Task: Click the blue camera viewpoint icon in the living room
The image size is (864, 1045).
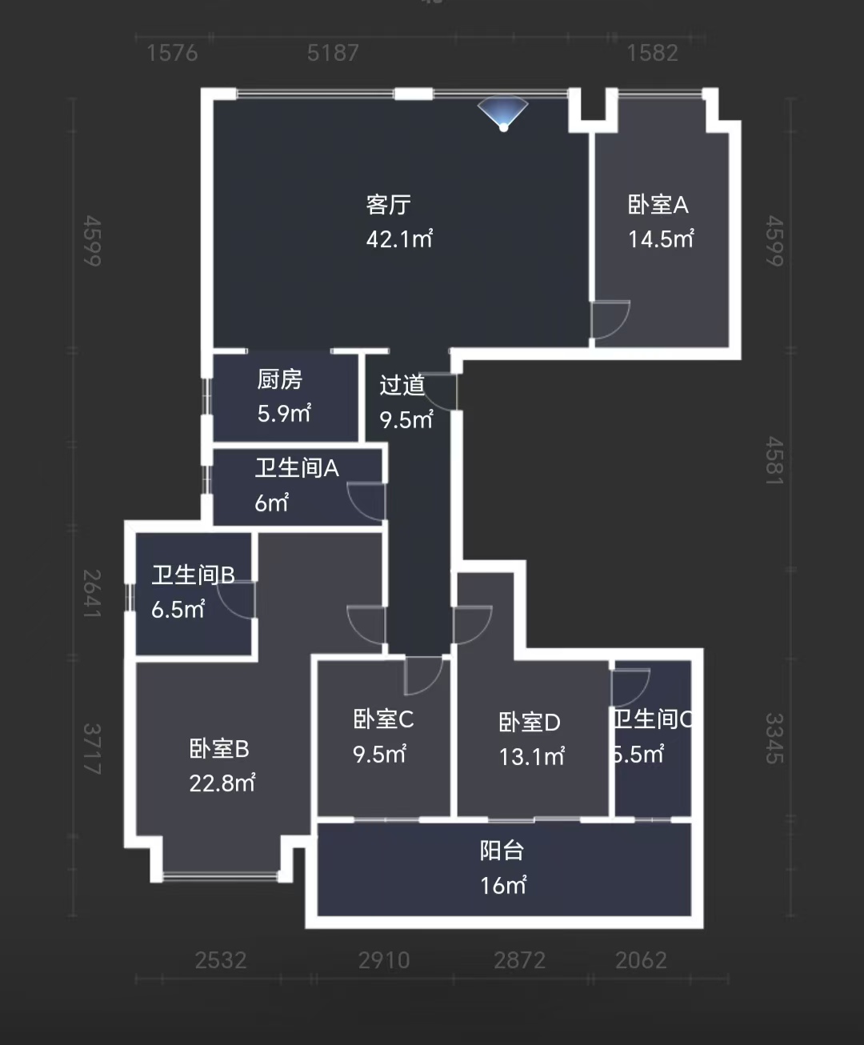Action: [503, 114]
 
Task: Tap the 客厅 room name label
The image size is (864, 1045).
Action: [389, 205]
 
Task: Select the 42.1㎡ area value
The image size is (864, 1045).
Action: [399, 239]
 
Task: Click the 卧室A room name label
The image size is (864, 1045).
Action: [658, 205]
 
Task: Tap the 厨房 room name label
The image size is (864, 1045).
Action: [279, 379]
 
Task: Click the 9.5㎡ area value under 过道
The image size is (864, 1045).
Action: [406, 419]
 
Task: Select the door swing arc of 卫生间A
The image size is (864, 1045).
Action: [366, 502]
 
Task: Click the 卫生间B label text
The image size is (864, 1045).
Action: [193, 575]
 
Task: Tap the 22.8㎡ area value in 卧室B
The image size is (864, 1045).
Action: [222, 783]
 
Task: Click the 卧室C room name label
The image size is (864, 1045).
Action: [383, 719]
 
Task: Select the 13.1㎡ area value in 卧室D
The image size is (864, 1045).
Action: [531, 756]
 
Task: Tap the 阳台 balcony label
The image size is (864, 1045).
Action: [502, 851]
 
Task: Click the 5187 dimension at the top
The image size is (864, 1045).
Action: [333, 53]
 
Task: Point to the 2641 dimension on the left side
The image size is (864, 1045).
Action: [92, 593]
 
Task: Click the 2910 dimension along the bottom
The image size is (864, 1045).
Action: [384, 959]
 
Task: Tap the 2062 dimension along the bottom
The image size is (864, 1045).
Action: [641, 959]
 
